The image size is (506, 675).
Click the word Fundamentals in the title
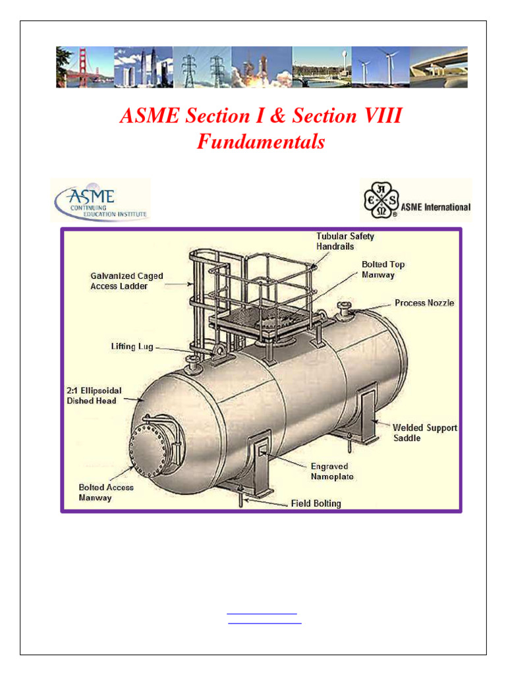[x=261, y=142]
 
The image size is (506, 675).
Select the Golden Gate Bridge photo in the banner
[x=84, y=67]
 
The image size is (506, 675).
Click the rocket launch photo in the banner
[x=261, y=67]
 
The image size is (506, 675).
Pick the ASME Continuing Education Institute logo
[x=101, y=200]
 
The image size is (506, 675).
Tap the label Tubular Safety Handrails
[x=345, y=241]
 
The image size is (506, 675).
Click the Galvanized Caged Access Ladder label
[x=126, y=281]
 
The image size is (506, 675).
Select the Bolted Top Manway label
[x=383, y=269]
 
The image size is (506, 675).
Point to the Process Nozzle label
[x=424, y=303]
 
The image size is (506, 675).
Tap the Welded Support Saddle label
[x=424, y=432]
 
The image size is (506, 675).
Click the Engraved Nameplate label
[x=332, y=471]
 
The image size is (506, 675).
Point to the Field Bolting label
[x=316, y=504]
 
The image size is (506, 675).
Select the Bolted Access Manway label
[x=106, y=492]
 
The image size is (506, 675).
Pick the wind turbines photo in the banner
[x=380, y=67]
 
